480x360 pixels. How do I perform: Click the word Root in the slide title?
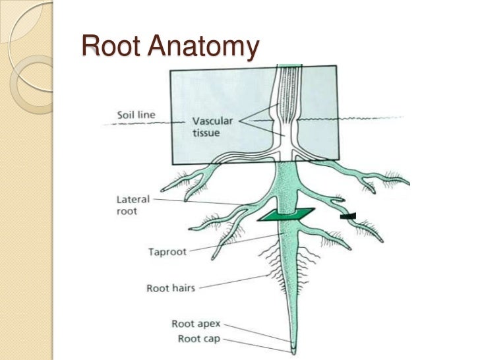pos(110,47)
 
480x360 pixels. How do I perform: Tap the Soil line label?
pos(136,115)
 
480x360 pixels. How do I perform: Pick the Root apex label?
pos(195,324)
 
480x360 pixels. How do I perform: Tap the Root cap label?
pos(196,339)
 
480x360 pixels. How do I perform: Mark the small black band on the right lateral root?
pos(348,216)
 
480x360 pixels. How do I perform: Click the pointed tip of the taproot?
pos(293,347)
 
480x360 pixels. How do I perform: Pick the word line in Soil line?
pos(148,115)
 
